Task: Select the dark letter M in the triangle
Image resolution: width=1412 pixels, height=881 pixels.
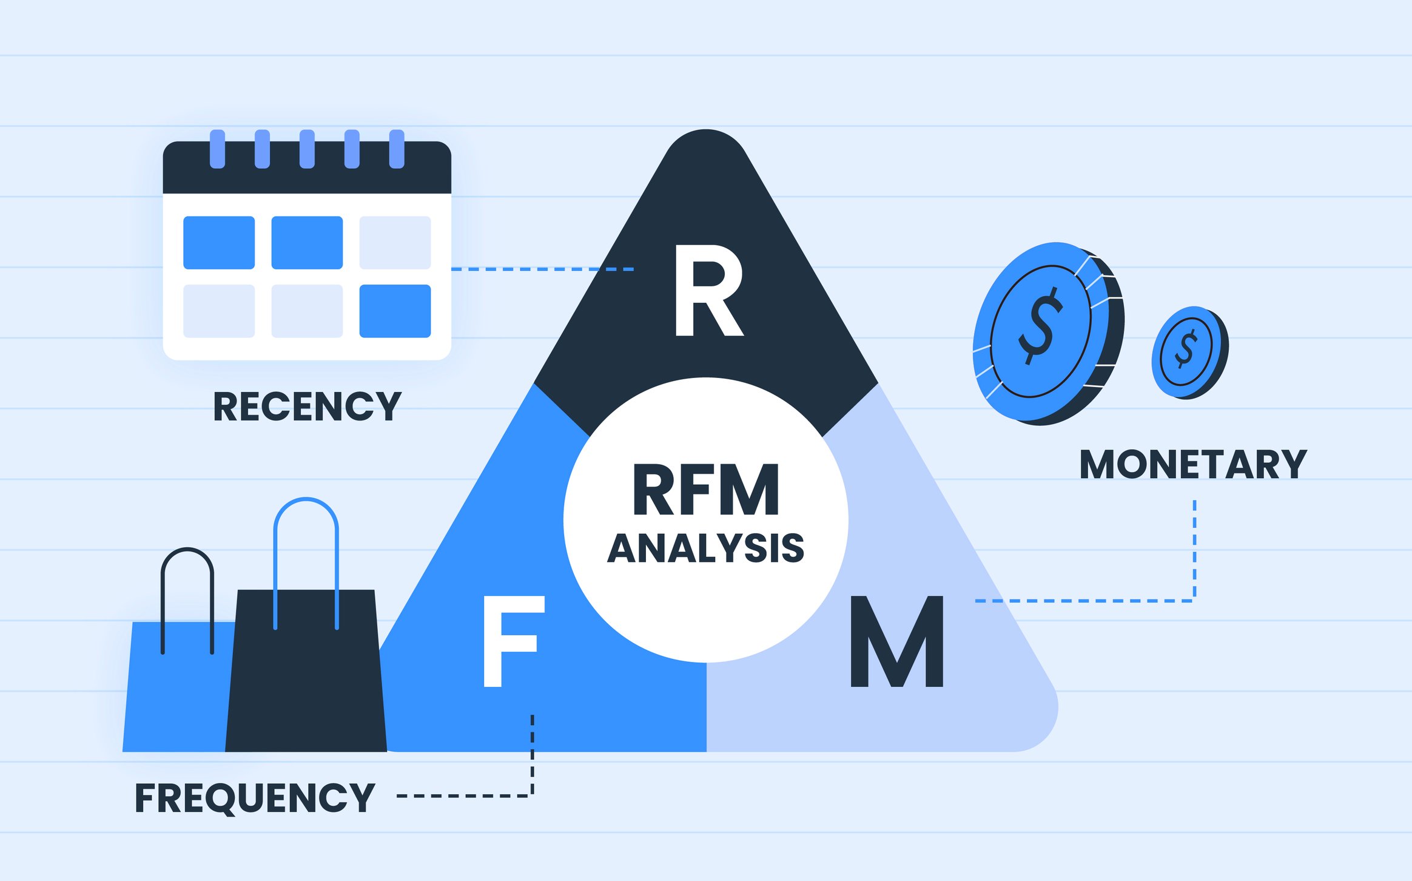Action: [896, 642]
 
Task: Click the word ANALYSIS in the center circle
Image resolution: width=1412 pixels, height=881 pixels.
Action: [706, 548]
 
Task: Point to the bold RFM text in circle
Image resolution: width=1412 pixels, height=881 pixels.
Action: [706, 490]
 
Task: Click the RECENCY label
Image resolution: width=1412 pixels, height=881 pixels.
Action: [307, 407]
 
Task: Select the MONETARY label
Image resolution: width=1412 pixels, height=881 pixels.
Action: [1192, 465]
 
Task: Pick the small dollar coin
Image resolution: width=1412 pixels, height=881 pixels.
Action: [1189, 352]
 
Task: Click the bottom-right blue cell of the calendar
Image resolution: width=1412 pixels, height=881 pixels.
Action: [395, 311]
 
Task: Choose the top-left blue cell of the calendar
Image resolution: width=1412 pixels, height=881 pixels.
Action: [219, 242]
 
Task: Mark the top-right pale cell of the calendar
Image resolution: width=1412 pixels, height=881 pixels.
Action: [395, 242]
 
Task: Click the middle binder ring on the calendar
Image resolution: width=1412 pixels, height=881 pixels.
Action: [307, 149]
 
